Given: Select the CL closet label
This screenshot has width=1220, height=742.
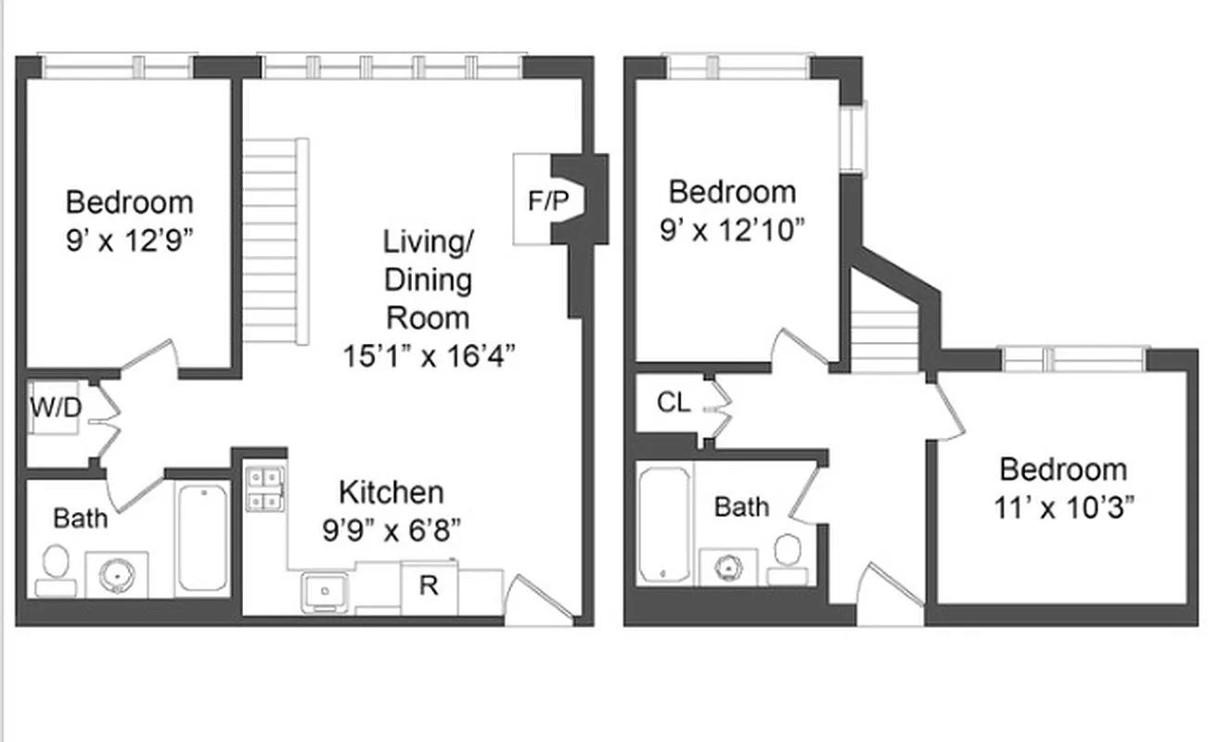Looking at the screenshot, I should (x=674, y=403).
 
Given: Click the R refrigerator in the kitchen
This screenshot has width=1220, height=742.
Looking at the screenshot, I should (x=429, y=585).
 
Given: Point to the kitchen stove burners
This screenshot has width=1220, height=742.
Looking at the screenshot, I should (x=264, y=489).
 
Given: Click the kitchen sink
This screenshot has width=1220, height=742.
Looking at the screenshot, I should (x=325, y=590).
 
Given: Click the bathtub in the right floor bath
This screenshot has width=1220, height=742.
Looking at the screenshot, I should (x=663, y=524).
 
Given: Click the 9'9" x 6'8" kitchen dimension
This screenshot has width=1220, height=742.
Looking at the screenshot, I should (x=392, y=530).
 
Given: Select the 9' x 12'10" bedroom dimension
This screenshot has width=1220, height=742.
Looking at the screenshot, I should (x=732, y=230).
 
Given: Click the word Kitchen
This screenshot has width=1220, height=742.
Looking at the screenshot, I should (x=391, y=492).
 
